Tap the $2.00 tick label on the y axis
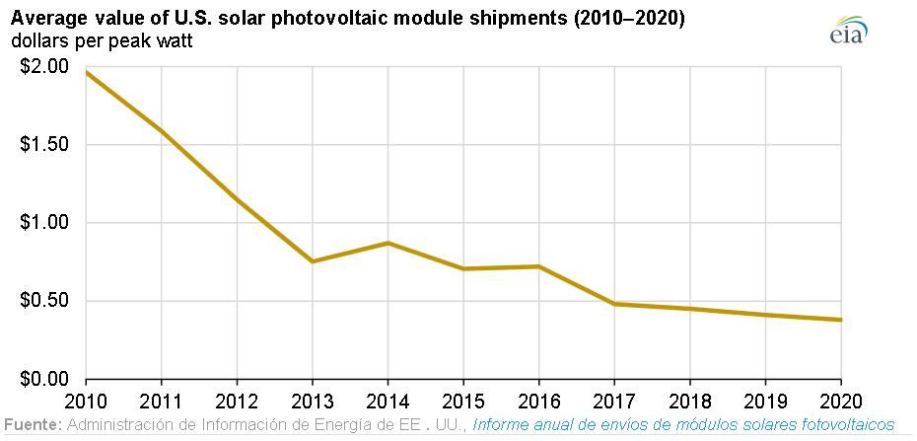point(45,67)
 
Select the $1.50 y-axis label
point(45,145)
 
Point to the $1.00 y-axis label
point(45,223)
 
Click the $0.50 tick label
point(45,301)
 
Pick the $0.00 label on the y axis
point(45,379)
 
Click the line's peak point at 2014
point(388,243)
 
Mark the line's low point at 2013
point(313,261)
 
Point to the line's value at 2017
point(613,304)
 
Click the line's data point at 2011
point(162,131)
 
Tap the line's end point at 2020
point(839,320)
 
